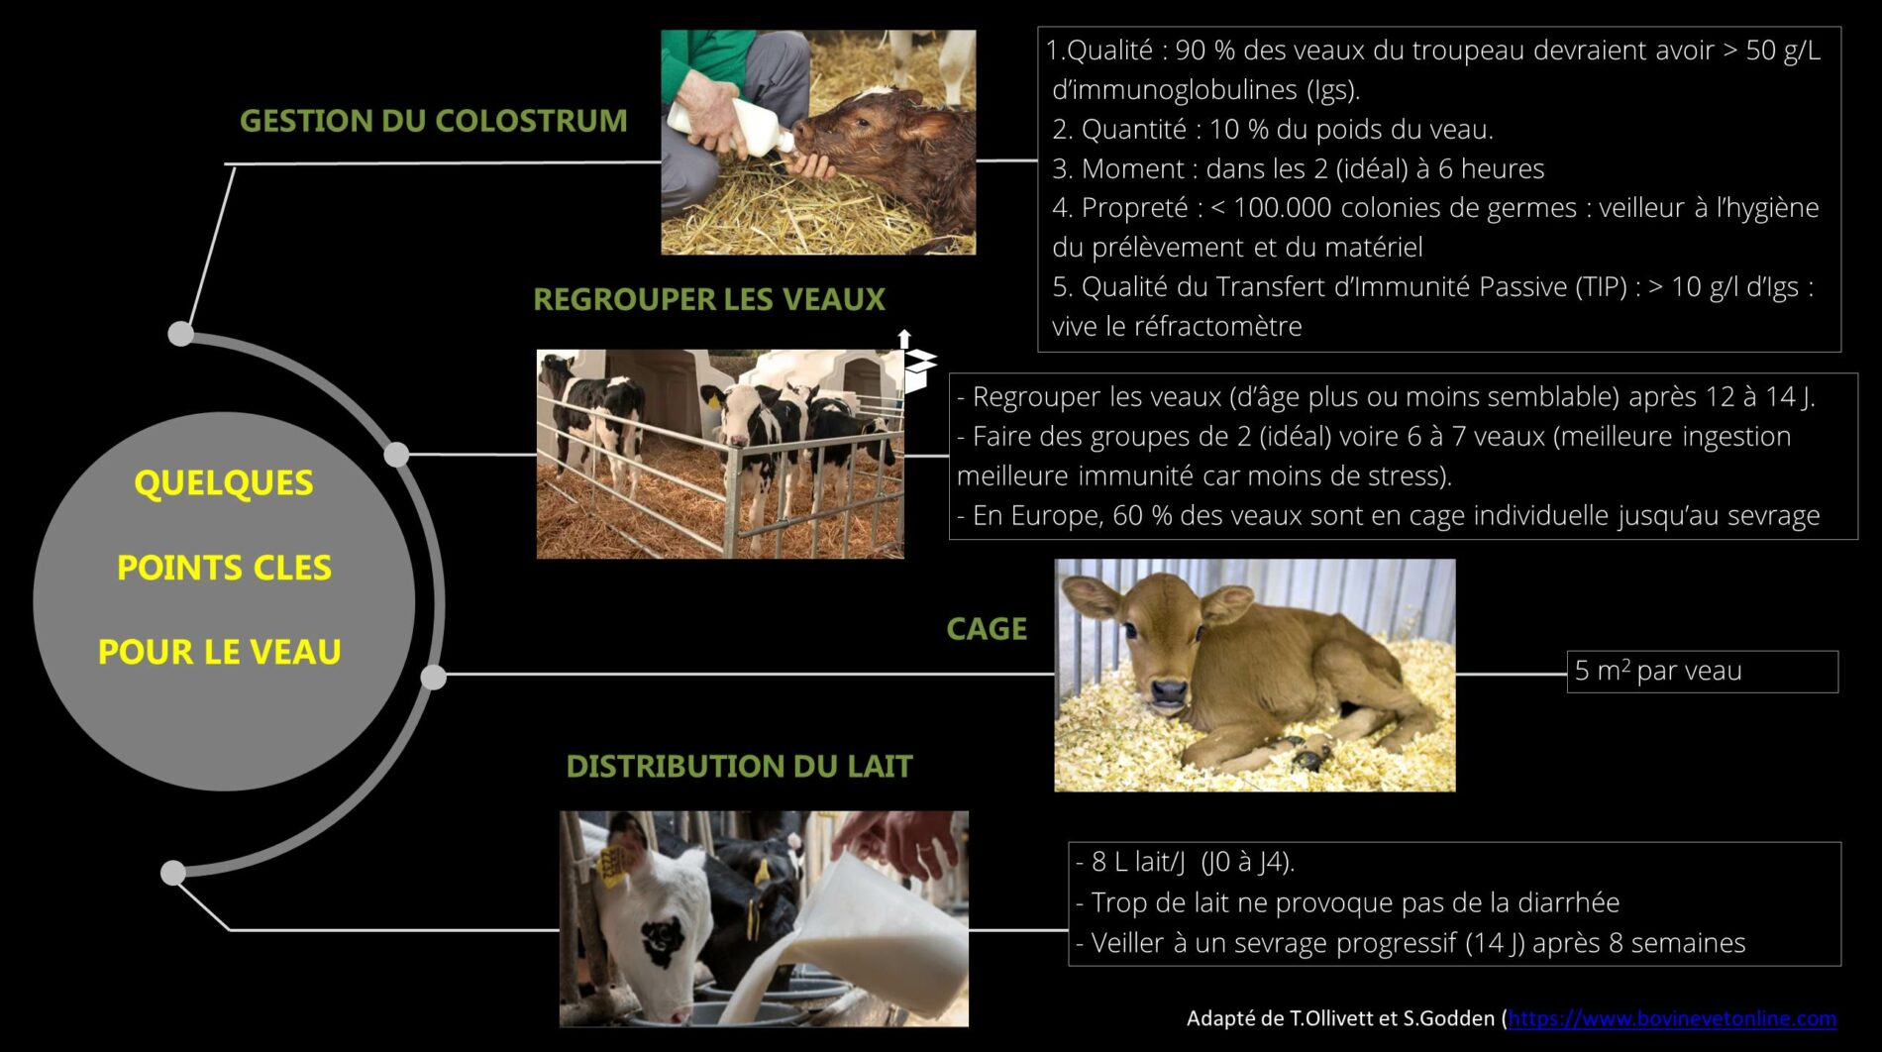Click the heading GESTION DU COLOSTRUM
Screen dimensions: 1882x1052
click(434, 121)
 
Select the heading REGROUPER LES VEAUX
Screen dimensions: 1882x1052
click(709, 299)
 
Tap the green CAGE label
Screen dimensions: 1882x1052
click(987, 629)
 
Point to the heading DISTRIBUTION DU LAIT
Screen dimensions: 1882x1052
click(739, 766)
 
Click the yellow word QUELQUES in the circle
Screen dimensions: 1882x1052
click(224, 483)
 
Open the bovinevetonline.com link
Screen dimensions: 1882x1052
click(1672, 1018)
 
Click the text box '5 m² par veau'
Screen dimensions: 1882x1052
click(1702, 672)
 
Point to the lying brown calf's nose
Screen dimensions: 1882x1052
click(1169, 689)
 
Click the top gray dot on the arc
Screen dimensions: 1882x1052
click(181, 334)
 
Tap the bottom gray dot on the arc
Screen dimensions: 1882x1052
click(173, 873)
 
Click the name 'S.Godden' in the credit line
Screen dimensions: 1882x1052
click(1449, 1018)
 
